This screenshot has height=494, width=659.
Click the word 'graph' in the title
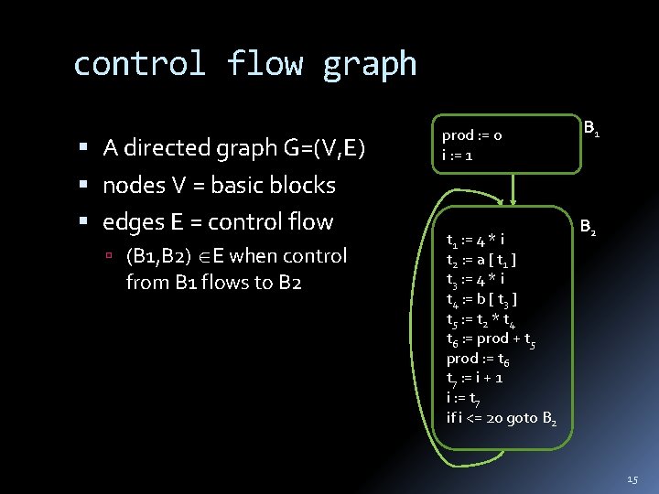tap(369, 65)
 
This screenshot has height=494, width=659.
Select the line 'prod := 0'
tap(472, 135)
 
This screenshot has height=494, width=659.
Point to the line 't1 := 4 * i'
tap(475, 242)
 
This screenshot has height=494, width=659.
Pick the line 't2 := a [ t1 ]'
tap(481, 261)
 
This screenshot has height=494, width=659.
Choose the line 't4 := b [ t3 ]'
tap(481, 300)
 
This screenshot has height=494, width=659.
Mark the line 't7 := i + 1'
tap(474, 378)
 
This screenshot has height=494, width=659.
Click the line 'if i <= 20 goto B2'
tap(502, 418)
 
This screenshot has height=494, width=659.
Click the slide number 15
tap(633, 480)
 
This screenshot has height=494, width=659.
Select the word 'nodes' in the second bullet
tap(134, 186)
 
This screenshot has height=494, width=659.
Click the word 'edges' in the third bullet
tap(135, 222)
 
